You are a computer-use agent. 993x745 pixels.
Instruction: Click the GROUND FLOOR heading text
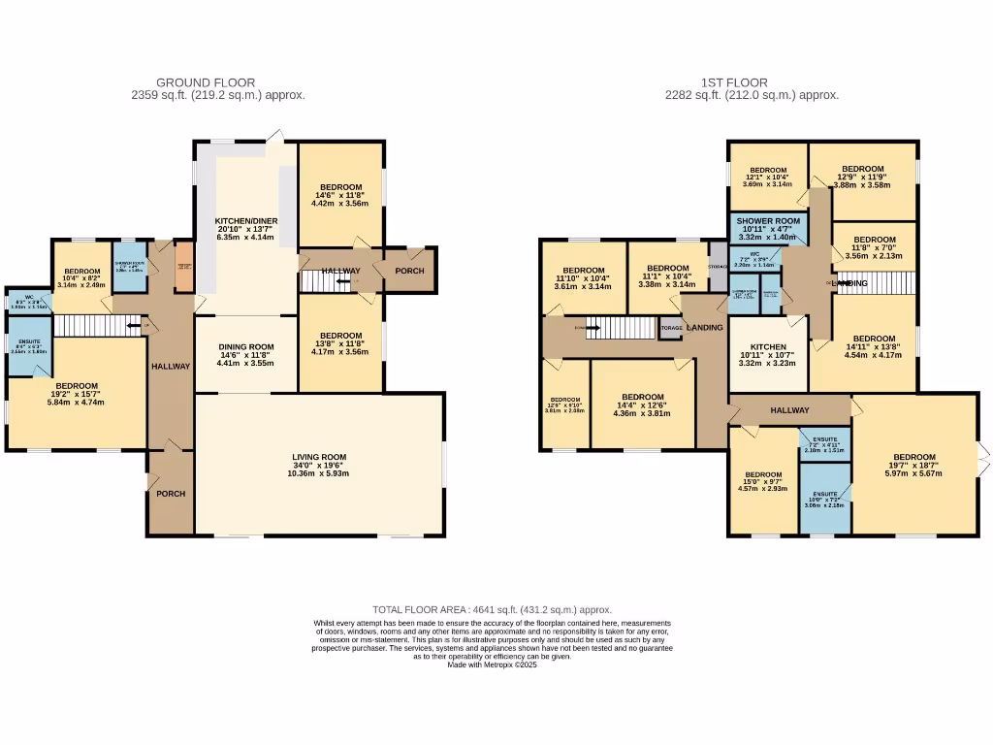pos(206,83)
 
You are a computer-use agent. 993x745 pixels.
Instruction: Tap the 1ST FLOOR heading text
pos(734,83)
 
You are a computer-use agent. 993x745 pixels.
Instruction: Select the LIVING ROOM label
pos(319,457)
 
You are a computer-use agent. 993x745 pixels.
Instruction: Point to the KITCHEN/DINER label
pos(246,221)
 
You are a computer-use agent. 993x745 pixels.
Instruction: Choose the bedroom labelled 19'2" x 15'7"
pos(77,386)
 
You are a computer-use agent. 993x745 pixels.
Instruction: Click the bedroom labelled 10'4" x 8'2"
pos(82,272)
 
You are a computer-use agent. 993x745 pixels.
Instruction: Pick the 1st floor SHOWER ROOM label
pos(767,221)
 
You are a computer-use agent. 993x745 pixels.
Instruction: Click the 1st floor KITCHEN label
pos(767,346)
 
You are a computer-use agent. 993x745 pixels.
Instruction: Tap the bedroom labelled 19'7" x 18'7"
pos(913,458)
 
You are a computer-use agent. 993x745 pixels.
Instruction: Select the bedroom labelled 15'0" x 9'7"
pos(763,475)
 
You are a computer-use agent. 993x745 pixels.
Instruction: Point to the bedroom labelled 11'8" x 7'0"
pos(874,240)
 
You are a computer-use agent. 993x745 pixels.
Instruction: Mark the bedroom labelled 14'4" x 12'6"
pos(642,397)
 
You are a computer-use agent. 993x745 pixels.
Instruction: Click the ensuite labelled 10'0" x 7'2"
pos(824,495)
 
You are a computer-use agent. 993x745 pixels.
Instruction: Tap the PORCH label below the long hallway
pos(171,494)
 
